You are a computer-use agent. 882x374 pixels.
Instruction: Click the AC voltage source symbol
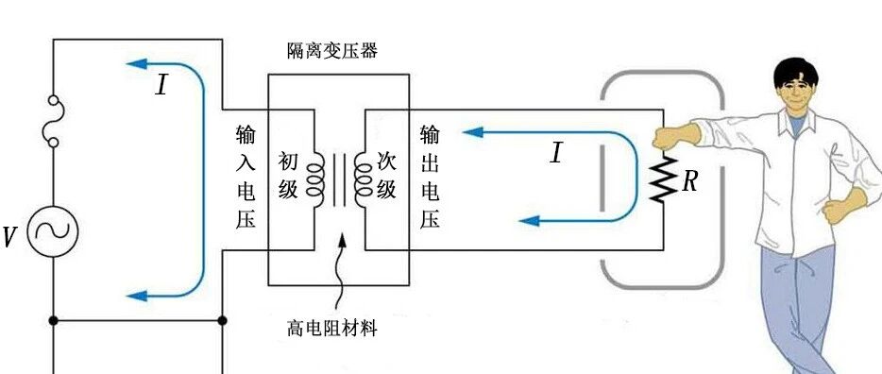(x=53, y=231)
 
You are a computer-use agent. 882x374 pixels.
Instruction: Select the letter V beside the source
(x=9, y=237)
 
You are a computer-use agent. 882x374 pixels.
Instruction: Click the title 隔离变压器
(x=331, y=51)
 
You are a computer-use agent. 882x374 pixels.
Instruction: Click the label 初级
(x=289, y=176)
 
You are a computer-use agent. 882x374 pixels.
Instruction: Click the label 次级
(x=386, y=176)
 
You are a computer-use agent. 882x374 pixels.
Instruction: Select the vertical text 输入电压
(x=246, y=177)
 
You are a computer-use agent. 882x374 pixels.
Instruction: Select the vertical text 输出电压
(x=430, y=177)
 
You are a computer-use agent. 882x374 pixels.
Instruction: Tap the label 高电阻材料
(x=331, y=328)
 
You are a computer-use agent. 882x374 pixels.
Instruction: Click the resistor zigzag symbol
(x=663, y=178)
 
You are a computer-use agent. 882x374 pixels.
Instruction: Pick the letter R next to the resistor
(x=689, y=181)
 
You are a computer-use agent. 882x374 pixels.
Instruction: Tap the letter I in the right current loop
(x=556, y=152)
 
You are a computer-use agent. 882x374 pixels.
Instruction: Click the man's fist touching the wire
(x=670, y=137)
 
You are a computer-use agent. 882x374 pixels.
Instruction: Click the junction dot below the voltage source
(x=53, y=320)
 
